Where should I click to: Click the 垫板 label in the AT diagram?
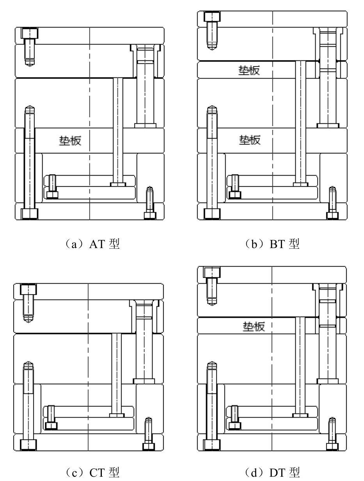coord(71,140)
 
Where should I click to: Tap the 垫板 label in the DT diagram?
coord(254,326)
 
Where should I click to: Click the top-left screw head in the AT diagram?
coord(30,33)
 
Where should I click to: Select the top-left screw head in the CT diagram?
coord(29,289)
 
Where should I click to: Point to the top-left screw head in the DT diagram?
coord(212,272)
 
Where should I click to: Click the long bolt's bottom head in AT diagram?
coord(29,214)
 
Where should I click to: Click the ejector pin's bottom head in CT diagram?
coord(117,415)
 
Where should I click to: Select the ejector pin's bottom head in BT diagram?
coord(301,183)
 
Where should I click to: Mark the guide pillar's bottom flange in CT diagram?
coord(144,381)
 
